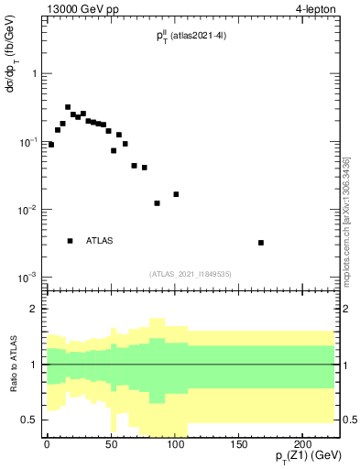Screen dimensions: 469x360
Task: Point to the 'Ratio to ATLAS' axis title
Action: click(x=13, y=364)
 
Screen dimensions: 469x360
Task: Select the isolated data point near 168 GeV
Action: click(x=261, y=243)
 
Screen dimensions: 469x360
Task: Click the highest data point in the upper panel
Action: click(x=68, y=107)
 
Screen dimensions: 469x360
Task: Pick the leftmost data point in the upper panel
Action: click(x=51, y=145)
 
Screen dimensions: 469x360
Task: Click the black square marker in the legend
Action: click(x=70, y=241)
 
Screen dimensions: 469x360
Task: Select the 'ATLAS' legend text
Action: click(x=99, y=241)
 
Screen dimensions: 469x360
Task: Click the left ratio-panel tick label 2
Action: click(x=33, y=309)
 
